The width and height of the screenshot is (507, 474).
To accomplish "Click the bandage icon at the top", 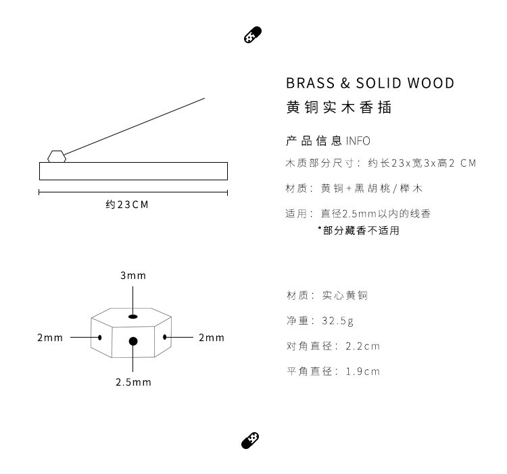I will coord(252,36).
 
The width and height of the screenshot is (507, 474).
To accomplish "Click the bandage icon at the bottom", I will coord(251,440).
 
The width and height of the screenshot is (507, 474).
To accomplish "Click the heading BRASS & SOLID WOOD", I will coord(370,83).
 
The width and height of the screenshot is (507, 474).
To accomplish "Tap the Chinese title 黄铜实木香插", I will coord(339,107).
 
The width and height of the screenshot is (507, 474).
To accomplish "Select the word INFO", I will coord(358,141).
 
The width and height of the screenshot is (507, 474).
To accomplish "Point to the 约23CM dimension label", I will coord(127,204).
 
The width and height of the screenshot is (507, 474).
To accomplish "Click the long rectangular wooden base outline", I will coord(133,171).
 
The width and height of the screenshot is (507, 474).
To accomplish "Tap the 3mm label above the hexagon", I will coord(133,275).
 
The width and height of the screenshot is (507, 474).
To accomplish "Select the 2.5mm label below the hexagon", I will coord(133,382).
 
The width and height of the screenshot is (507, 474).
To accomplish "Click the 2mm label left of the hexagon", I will coord(49,337).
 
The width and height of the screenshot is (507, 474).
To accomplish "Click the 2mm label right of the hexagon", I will coord(212,337).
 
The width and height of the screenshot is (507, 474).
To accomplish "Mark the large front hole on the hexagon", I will coord(133,342).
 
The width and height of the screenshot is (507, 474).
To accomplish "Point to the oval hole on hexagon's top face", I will coord(133,316).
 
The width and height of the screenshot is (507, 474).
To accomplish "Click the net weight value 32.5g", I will coord(337,321).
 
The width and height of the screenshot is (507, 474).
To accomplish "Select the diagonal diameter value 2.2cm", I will coord(363,346).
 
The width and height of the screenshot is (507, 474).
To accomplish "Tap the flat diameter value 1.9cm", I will coord(363,371).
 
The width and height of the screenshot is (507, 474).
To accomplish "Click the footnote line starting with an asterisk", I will coord(359,230).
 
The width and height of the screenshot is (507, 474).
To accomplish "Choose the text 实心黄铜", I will coord(345,296).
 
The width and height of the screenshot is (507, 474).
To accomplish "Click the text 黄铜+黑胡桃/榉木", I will coord(372,188).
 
